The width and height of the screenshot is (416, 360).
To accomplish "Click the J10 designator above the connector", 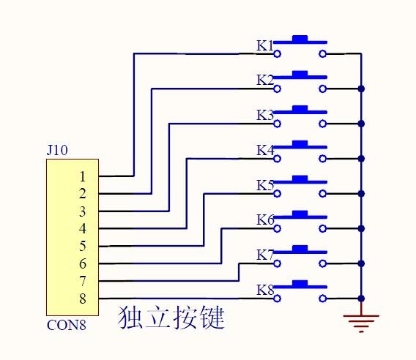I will click(57, 151).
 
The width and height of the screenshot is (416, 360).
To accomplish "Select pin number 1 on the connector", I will click(83, 176).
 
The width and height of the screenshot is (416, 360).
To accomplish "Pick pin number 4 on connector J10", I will click(83, 228).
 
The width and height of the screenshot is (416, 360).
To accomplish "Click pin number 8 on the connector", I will click(83, 299).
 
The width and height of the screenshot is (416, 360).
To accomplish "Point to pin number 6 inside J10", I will click(83, 263).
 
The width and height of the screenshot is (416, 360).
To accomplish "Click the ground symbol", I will click(361, 320).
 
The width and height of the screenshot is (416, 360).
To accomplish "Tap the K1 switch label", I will click(264, 45).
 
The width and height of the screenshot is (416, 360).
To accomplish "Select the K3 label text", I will click(264, 115).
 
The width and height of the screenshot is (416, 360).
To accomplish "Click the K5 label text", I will click(264, 185).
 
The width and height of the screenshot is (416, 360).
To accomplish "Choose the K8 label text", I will click(264, 290).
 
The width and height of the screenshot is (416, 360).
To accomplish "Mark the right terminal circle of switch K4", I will click(322, 159).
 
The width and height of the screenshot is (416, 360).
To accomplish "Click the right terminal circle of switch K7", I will click(322, 263).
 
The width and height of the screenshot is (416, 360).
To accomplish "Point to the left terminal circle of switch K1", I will click(277, 53).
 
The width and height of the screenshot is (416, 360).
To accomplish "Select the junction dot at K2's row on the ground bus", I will click(361, 89).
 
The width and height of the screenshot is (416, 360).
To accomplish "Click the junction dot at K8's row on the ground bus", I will click(361, 299).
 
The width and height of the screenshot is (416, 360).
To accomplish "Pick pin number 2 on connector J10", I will click(83, 194).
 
